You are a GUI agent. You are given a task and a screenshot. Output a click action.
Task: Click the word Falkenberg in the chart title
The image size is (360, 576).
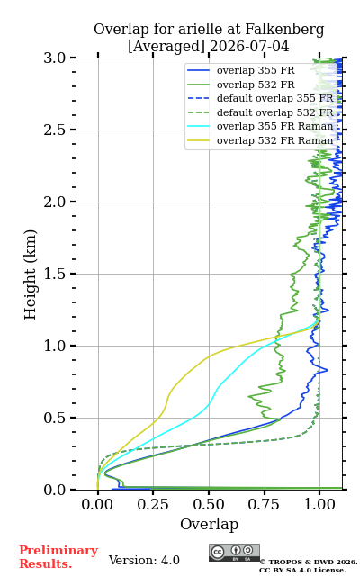pos(284,30)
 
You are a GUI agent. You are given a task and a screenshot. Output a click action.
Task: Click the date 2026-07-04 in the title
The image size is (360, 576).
pos(249,46)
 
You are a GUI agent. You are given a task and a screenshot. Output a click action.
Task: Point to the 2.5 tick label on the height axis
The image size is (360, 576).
pos(54,130)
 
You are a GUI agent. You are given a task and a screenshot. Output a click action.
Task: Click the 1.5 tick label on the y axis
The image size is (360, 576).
pos(54,274)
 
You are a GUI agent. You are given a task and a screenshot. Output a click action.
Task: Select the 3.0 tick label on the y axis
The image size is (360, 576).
pos(54,58)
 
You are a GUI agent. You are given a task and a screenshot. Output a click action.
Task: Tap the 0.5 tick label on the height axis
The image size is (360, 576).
pos(54,418)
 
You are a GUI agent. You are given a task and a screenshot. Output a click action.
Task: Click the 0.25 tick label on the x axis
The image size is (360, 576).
pos(153,504)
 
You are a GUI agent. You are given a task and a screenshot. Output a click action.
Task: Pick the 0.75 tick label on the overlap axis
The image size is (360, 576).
pos(264,504)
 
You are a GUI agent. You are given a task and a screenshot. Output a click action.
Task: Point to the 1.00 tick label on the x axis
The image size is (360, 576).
pos(319,504)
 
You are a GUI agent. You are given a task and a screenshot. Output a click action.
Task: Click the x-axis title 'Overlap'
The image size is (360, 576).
pos(209,524)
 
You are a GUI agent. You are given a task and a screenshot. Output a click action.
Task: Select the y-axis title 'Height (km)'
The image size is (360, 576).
pos(30,274)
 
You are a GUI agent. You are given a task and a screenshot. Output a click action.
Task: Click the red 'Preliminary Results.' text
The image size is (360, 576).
pos(58,557)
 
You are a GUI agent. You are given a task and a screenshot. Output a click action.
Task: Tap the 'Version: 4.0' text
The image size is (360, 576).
pos(144,560)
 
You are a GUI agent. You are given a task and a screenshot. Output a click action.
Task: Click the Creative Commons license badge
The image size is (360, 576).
pos(234,553)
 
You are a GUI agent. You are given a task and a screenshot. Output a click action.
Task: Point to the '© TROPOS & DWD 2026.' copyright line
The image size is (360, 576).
pos(309,562)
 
